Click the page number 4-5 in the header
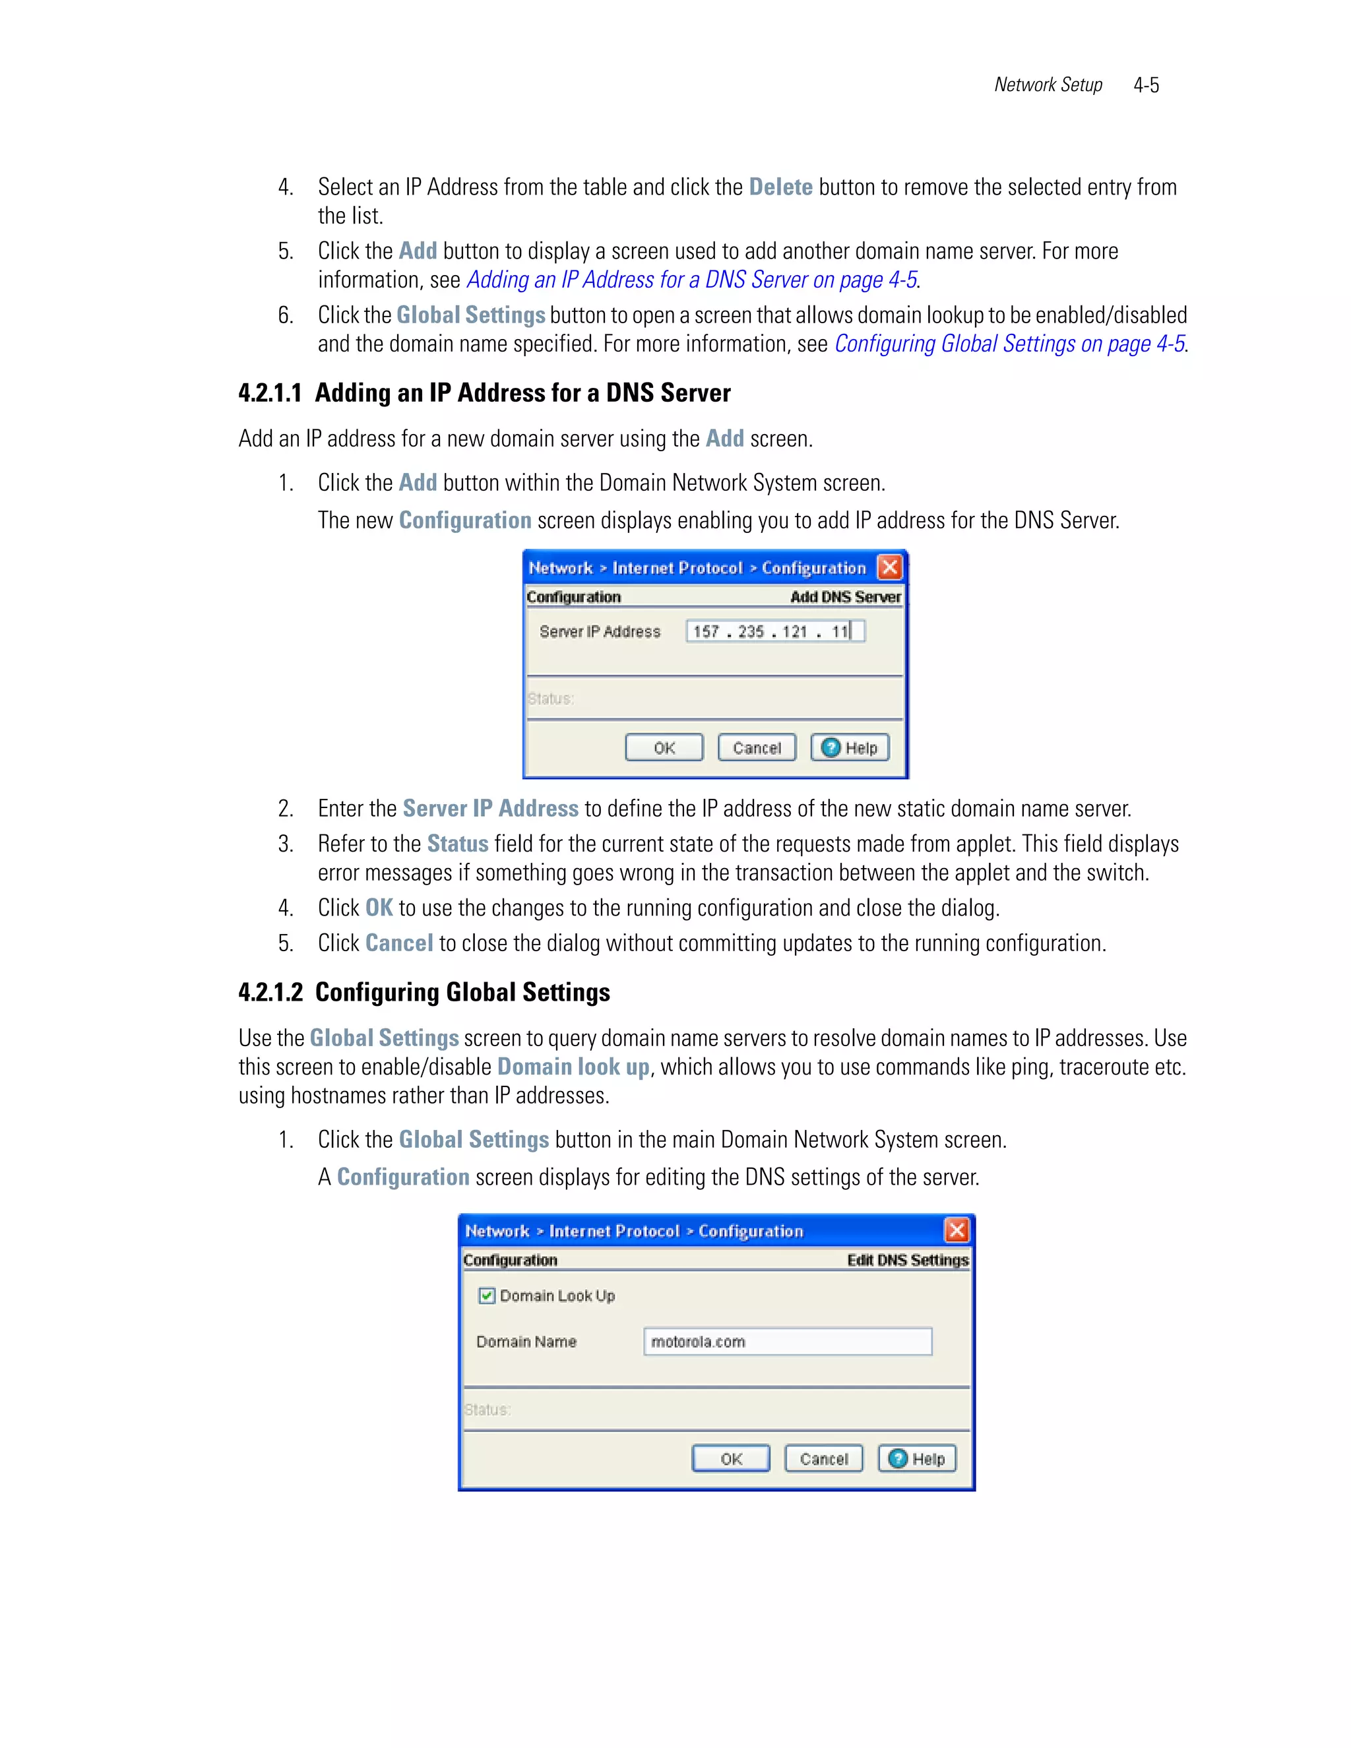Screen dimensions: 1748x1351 tap(1145, 85)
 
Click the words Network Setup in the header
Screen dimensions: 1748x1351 tap(1048, 85)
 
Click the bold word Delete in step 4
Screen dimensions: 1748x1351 tap(780, 187)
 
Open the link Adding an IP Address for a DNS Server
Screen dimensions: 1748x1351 tap(691, 280)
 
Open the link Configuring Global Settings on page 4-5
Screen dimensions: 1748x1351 tap(1009, 344)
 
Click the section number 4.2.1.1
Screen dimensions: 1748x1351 tap(270, 393)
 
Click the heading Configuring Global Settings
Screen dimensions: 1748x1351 tap(462, 993)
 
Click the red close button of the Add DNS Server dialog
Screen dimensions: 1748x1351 tap(889, 567)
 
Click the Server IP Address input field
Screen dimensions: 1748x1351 tap(774, 631)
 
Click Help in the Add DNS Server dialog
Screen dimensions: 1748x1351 tap(850, 747)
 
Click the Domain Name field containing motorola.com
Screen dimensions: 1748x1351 tap(787, 1342)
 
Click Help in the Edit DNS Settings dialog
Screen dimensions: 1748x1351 tap(917, 1458)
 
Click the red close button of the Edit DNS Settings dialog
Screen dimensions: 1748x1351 tap(956, 1230)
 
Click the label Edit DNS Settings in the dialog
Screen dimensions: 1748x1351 tap(907, 1261)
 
